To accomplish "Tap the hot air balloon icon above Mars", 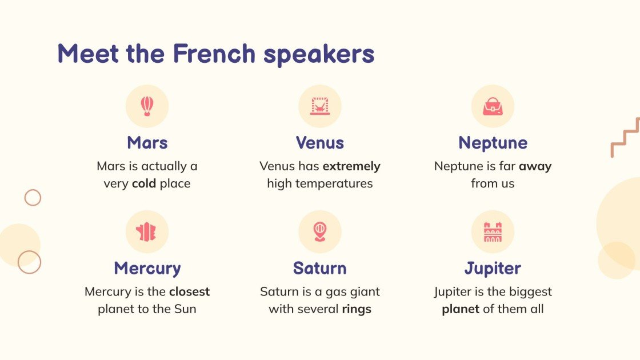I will [x=147, y=106].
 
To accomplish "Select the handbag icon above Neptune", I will [x=492, y=106].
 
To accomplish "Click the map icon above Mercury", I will [x=147, y=231].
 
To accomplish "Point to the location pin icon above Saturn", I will [x=319, y=231].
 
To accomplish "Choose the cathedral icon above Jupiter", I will [x=492, y=231].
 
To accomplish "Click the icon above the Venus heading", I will [x=319, y=106].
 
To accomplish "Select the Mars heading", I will [x=147, y=142].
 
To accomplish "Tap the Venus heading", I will [x=319, y=142].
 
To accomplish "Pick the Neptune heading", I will [x=493, y=142].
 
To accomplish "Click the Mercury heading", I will [x=147, y=268].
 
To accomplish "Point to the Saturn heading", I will [x=319, y=268].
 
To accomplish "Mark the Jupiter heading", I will [x=493, y=268].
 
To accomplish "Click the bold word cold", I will [x=144, y=183].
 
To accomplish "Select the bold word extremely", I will [x=351, y=166].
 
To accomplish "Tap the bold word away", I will [x=535, y=166].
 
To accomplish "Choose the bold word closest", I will [x=189, y=291].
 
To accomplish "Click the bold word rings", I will [x=357, y=309].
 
